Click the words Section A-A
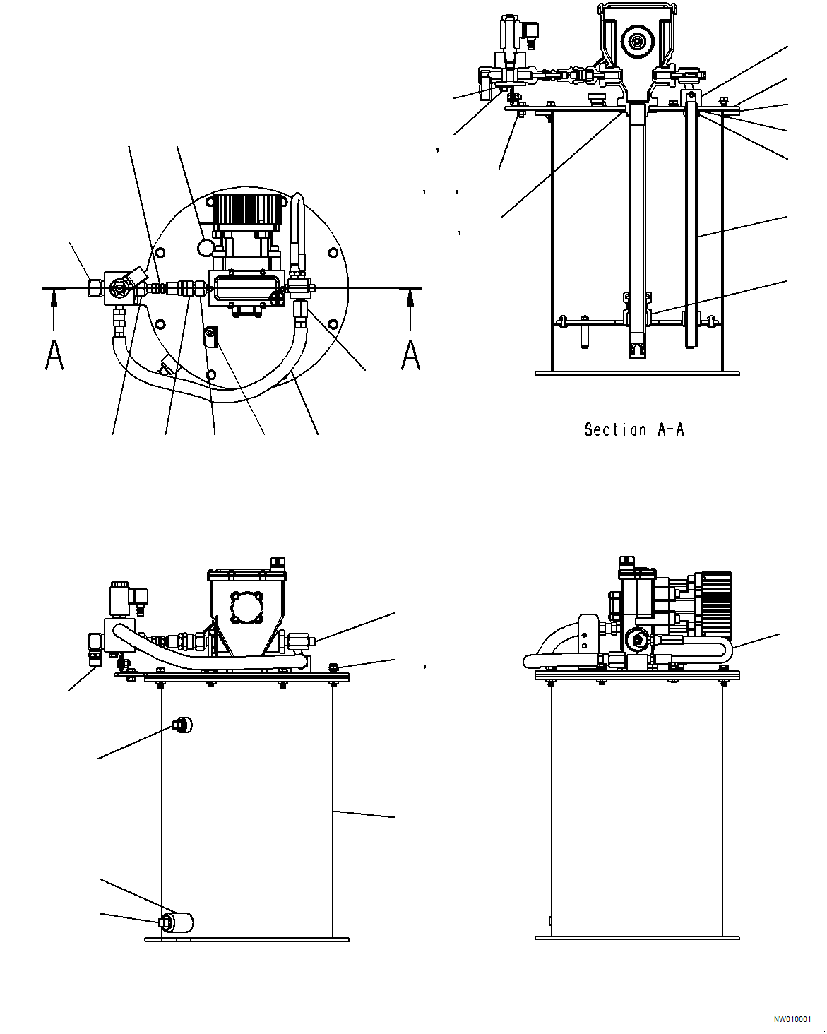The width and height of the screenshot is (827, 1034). click(x=633, y=429)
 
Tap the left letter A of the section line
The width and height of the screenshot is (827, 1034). click(x=54, y=355)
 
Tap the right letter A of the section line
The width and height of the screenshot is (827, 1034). click(x=410, y=355)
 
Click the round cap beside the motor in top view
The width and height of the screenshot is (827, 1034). click(x=206, y=247)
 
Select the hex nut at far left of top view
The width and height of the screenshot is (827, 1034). click(x=95, y=287)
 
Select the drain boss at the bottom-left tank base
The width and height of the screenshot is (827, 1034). click(x=176, y=922)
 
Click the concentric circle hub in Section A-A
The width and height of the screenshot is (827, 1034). click(x=636, y=41)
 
